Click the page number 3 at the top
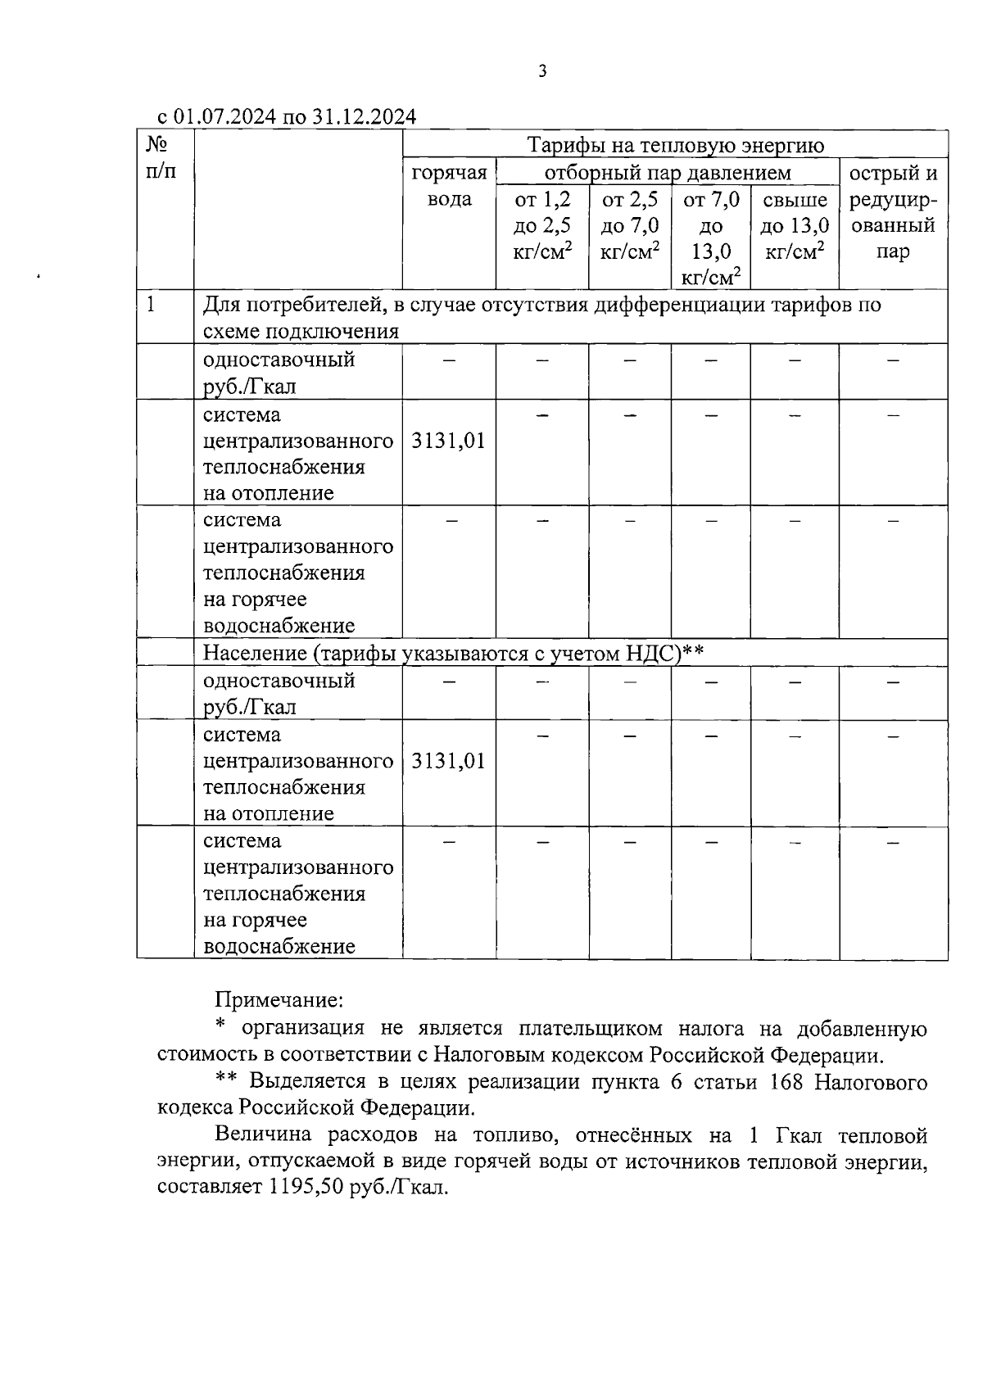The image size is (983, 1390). coord(542,72)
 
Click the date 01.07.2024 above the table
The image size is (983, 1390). coord(224,116)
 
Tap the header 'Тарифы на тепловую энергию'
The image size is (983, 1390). coord(675,146)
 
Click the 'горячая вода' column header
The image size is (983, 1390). coord(449,186)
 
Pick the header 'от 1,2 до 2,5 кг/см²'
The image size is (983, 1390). coord(541,225)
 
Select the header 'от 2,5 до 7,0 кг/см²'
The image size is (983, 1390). coord(629,225)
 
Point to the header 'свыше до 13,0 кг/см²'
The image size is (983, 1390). coord(794,225)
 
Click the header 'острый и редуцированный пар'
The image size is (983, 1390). coord(893,212)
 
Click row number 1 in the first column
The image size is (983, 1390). coord(151,305)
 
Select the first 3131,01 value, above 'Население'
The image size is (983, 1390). coord(448,441)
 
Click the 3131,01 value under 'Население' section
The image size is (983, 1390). coord(448,762)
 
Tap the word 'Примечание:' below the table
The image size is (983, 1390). coord(279,1000)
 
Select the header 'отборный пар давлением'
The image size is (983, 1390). coord(668,173)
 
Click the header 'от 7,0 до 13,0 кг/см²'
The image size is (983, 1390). coord(710,238)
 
